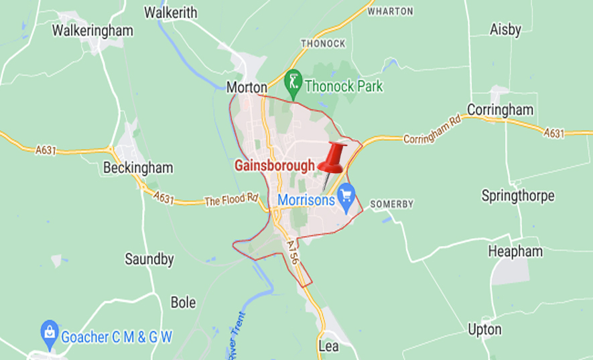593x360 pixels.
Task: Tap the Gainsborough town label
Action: pyautogui.click(x=274, y=166)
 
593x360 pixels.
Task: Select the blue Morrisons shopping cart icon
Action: pyautogui.click(x=346, y=195)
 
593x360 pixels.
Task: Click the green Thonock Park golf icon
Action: pyautogui.click(x=293, y=82)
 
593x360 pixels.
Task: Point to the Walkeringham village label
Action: pyautogui.click(x=92, y=30)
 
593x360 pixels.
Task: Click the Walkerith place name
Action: pyautogui.click(x=171, y=12)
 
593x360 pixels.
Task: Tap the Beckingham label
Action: pyautogui.click(x=138, y=168)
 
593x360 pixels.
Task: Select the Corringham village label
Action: pyautogui.click(x=500, y=109)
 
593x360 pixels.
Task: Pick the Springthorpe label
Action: pyautogui.click(x=518, y=196)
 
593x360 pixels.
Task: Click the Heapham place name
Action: pyautogui.click(x=515, y=251)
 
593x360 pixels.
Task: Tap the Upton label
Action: pyautogui.click(x=484, y=329)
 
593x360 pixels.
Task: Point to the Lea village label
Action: pyautogui.click(x=329, y=346)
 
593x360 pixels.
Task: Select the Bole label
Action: pyautogui.click(x=183, y=302)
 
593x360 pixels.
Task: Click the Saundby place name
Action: pyautogui.click(x=149, y=259)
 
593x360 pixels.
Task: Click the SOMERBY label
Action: pyautogui.click(x=392, y=204)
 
